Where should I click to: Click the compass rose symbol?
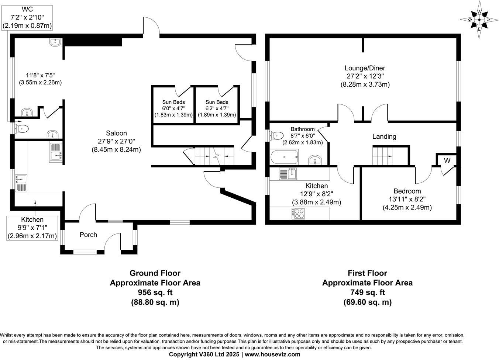479,20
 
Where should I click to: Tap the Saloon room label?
116,134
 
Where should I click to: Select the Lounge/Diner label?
365,68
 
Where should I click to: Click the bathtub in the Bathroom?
284,157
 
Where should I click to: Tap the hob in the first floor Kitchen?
298,214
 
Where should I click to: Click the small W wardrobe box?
447,160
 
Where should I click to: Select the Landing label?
384,136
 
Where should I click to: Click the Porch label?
88,235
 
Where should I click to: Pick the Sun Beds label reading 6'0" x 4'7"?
173,102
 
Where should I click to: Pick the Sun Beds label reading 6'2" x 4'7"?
217,102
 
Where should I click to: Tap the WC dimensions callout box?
27,17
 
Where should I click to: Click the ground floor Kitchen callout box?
32,228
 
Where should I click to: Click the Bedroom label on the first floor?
407,191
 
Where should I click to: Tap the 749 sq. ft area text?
367,292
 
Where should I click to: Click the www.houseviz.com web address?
272,354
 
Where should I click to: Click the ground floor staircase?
214,156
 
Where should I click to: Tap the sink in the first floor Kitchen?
288,173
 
